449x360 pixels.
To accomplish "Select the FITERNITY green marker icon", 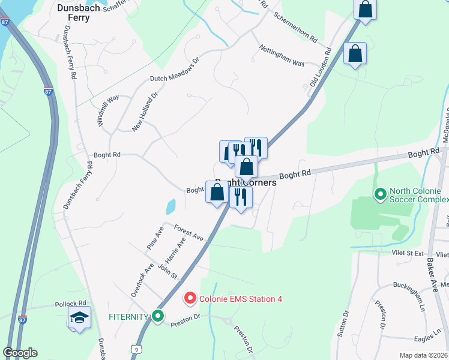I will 158,316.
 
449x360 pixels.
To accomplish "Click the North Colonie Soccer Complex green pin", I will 379,194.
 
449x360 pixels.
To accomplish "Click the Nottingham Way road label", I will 282,56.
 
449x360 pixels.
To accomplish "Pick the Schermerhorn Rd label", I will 295,27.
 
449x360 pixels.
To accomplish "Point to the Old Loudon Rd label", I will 319,69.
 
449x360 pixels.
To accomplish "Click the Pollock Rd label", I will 70,304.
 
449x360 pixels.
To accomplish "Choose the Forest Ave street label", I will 190,233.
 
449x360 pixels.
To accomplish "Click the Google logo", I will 20,353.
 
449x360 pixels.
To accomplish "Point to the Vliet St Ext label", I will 408,254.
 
